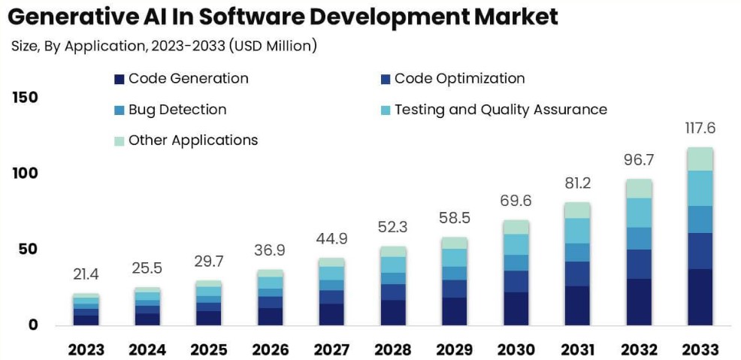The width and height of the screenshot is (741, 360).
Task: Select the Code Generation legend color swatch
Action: point(119,79)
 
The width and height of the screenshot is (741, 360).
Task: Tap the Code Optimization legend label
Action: point(459,78)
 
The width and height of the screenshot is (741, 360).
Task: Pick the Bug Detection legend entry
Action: point(177,110)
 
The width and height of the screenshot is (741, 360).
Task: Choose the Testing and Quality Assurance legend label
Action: point(501,110)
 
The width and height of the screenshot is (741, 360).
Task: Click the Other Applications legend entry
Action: point(192,141)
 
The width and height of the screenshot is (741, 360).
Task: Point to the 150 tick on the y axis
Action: point(25,98)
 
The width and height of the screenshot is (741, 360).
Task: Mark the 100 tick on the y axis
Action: point(25,174)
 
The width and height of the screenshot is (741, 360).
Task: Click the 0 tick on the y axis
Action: point(34,325)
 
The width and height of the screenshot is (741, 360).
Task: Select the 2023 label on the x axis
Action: point(86,350)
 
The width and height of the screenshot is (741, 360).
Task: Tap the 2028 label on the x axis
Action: point(393,350)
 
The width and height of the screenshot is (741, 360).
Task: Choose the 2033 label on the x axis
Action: point(700,350)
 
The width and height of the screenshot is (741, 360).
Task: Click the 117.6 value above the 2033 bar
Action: point(700,129)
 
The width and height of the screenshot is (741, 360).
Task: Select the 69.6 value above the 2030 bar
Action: point(516,201)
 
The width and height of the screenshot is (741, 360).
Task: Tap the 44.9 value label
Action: point(331,239)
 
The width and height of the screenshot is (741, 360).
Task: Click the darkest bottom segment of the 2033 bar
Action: point(700,297)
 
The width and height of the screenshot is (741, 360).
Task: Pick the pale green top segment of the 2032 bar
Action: point(638,188)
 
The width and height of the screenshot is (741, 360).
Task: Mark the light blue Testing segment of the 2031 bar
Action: point(577,230)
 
